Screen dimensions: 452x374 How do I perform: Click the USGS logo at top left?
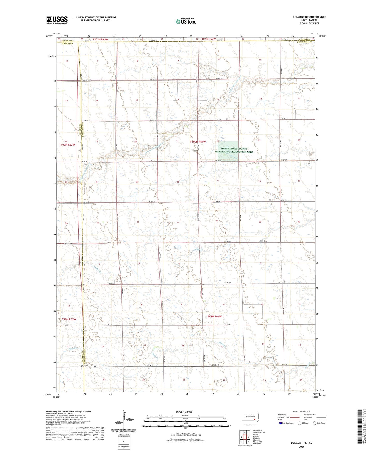pos(57,20)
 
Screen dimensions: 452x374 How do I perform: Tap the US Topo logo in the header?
pos(186,21)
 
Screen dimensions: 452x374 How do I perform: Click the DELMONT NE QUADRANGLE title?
pos(309,17)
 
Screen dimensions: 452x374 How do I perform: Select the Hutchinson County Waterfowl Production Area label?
pos(234,150)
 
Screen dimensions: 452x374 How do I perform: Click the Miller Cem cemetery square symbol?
pos(260,243)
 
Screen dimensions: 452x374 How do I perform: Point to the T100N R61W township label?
pos(198,142)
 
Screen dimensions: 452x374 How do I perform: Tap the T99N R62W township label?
pos(69,319)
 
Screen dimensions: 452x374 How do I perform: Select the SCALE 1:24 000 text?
pos(184,412)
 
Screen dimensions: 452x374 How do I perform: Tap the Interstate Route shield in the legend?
pos(281,423)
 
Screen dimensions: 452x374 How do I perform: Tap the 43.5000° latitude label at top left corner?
pos(48,36)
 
